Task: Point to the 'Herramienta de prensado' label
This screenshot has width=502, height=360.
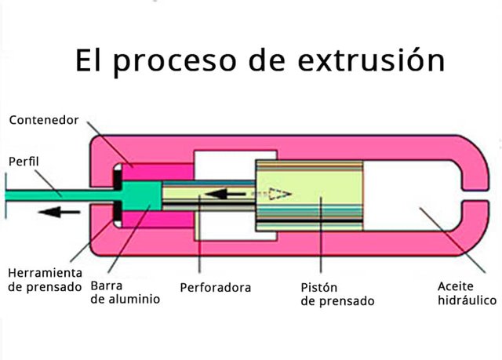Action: click(x=45, y=279)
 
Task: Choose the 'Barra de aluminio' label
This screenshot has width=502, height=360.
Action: click(x=125, y=292)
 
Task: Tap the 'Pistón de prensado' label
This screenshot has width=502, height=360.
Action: click(x=337, y=293)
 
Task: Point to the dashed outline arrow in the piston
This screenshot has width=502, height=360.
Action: click(x=276, y=193)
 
